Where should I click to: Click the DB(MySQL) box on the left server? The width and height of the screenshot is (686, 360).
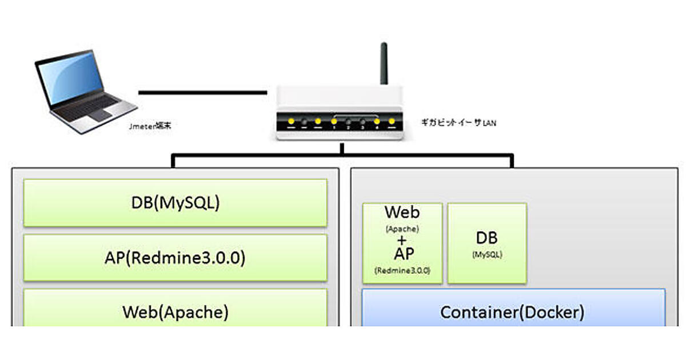tap(175, 203)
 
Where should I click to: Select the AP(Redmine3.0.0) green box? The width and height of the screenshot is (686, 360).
tap(175, 258)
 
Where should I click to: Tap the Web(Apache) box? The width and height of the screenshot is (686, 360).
tap(175, 311)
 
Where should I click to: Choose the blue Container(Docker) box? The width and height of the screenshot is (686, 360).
tap(513, 312)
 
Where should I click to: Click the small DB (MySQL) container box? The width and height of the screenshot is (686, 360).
tap(486, 243)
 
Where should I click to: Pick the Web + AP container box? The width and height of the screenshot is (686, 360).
tap(402, 243)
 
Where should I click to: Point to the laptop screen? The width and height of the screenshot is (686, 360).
tap(69, 77)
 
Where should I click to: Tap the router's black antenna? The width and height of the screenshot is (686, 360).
tap(384, 63)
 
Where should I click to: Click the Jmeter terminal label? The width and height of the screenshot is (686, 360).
tap(150, 126)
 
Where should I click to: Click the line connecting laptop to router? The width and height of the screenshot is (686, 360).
tap(203, 92)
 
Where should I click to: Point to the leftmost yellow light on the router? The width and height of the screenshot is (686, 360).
tap(291, 121)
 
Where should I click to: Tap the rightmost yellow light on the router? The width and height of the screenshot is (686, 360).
tap(392, 121)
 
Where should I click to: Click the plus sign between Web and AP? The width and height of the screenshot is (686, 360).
tap(402, 240)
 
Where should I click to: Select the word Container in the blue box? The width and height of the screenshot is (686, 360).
tap(477, 313)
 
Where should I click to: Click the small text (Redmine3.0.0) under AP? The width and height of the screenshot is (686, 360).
tap(402, 270)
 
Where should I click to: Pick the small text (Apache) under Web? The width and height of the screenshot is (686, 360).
tap(402, 228)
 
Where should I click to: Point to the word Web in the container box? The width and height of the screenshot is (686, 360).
tap(402, 213)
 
